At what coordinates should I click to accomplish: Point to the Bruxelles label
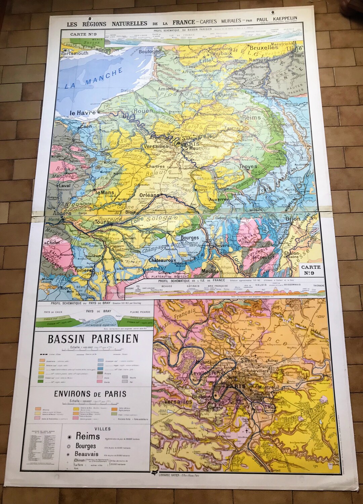point(264,48)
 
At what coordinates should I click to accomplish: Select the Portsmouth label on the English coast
point(75,53)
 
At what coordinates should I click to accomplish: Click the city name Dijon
point(293,219)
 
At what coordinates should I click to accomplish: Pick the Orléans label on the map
point(149,195)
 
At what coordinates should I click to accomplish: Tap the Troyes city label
point(248,166)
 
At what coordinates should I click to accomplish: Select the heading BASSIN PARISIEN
point(93,339)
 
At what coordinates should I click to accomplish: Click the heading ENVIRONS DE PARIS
point(90,394)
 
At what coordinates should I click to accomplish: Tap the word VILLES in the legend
point(103,429)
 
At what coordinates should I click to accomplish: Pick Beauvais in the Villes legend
point(87,454)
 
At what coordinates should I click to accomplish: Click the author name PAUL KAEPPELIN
point(277,19)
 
